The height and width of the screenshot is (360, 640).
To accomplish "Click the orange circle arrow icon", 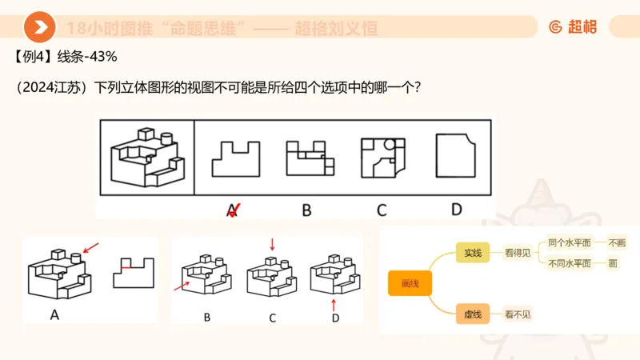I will tap(38, 27).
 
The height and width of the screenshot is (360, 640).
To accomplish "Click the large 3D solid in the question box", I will tap(147, 156).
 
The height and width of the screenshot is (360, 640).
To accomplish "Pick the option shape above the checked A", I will tap(235, 158).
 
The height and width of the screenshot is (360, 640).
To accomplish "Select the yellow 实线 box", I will tap(471, 253).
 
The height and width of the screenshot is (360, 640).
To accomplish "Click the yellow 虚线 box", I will tap(471, 314).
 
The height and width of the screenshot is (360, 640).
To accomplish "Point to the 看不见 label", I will tap(518, 314).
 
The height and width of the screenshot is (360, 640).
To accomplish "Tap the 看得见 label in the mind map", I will tap(518, 254).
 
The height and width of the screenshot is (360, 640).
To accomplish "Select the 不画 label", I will tap(618, 242).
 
